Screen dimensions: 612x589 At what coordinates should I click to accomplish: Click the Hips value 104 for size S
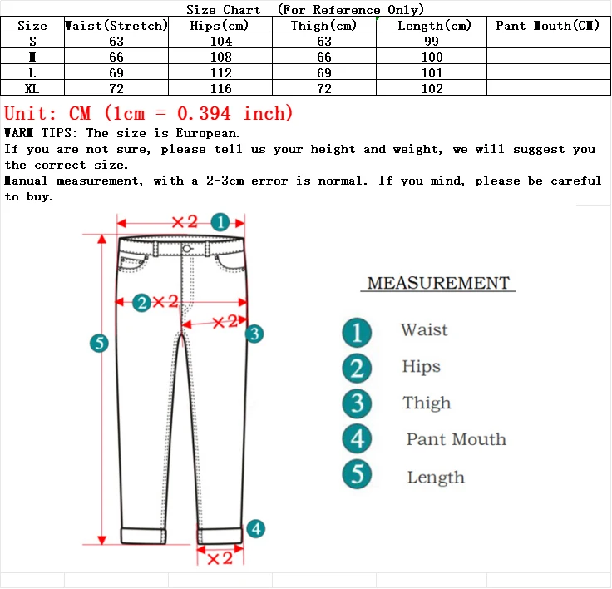(x=220, y=42)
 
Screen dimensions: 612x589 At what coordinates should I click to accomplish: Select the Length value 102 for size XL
(x=432, y=89)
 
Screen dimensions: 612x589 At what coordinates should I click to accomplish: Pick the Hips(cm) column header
(x=220, y=26)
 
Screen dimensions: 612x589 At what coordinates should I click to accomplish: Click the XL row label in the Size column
(x=32, y=89)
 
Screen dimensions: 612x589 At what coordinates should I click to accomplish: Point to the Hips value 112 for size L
(x=220, y=73)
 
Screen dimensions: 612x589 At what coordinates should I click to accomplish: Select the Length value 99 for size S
(x=432, y=42)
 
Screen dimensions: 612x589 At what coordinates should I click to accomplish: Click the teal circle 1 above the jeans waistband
(x=220, y=222)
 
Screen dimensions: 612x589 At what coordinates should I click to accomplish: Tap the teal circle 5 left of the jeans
(x=100, y=343)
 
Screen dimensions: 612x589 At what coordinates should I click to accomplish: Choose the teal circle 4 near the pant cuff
(x=256, y=528)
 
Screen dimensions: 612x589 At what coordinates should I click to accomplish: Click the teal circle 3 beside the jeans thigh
(x=255, y=334)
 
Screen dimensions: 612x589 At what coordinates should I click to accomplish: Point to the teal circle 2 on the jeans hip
(x=142, y=303)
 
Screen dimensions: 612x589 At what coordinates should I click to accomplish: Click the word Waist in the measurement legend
(x=424, y=330)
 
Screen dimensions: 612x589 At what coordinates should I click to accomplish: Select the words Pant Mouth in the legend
(x=456, y=440)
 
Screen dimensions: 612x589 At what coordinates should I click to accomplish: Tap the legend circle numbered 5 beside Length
(x=358, y=475)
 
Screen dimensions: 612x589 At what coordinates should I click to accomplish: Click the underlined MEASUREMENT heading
(x=438, y=283)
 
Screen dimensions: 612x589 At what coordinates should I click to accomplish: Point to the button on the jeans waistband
(x=185, y=248)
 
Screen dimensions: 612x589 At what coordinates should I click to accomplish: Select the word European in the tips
(x=208, y=133)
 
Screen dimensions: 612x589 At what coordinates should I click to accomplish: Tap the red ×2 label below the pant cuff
(x=220, y=558)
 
